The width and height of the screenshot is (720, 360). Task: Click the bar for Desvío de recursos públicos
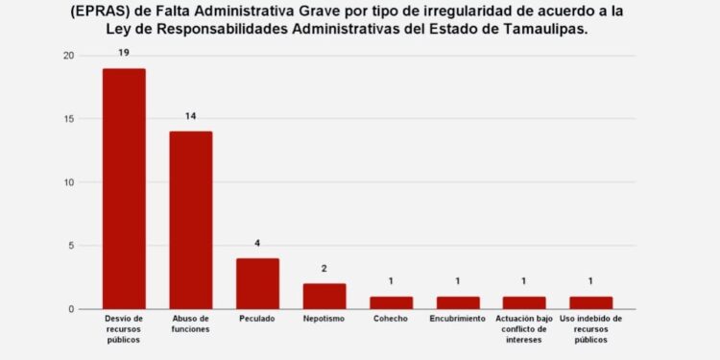tap(124, 188)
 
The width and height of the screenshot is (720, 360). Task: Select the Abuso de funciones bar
tap(190, 220)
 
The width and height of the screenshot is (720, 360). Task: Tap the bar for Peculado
tap(257, 283)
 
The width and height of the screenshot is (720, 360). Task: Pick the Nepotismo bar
tap(324, 296)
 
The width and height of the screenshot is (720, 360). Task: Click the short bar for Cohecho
tap(391, 302)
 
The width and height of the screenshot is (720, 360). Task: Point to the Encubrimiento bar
tap(457, 302)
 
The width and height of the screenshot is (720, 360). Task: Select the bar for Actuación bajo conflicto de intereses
tap(524, 302)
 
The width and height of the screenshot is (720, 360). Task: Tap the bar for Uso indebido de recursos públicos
tap(590, 302)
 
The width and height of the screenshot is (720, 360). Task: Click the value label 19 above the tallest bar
tap(124, 54)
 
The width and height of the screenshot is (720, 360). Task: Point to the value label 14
tap(190, 116)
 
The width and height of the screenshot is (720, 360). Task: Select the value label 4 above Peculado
tap(257, 243)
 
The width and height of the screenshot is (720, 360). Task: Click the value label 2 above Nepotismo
tap(324, 269)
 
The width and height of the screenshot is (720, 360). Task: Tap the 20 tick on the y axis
tap(67, 56)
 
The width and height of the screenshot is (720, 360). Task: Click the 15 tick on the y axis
tap(67, 119)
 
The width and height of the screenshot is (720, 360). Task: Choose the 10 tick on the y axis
tap(67, 182)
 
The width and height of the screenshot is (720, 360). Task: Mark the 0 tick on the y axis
tap(70, 309)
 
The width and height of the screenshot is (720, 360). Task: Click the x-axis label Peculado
tap(257, 319)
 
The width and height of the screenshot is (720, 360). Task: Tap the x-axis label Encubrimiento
tap(457, 319)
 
